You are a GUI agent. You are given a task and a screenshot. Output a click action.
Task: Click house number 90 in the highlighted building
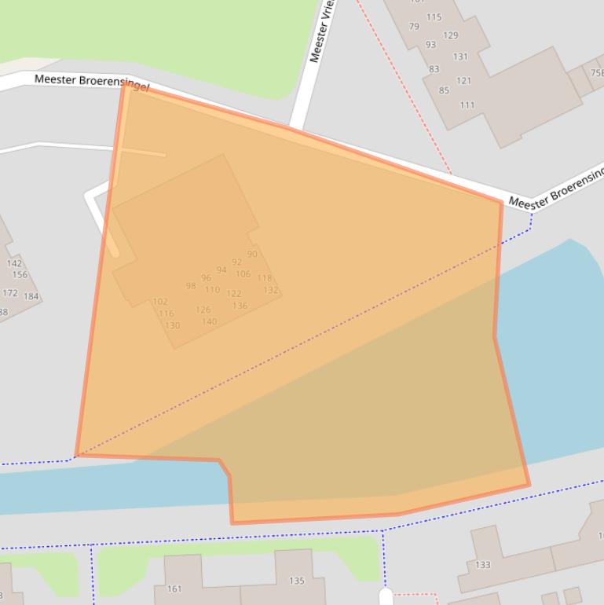[252, 254]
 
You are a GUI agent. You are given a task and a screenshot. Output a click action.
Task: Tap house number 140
[209, 321]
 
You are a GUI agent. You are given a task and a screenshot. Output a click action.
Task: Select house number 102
[160, 301]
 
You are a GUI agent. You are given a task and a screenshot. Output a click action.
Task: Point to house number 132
[270, 290]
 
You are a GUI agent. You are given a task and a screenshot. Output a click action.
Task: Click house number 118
[264, 278]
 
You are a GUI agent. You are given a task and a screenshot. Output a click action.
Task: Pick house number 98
[191, 286]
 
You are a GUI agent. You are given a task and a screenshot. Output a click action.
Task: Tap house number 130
[172, 325]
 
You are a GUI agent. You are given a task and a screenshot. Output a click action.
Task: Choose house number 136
[240, 306]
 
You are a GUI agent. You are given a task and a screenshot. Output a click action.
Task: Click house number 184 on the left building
[31, 296]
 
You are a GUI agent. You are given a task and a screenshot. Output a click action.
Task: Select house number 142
[14, 263]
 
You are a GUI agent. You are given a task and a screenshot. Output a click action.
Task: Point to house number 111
[467, 104]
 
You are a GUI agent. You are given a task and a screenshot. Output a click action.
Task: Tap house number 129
[450, 35]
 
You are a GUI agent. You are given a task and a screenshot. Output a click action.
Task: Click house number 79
[414, 27]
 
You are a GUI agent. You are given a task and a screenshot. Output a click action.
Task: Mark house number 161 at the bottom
[174, 588]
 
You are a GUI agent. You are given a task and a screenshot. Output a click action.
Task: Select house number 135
[296, 581]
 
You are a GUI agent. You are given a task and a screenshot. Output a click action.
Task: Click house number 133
[482, 564]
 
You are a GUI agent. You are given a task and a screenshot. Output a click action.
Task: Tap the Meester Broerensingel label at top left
[91, 82]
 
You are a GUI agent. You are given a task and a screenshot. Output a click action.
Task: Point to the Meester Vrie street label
[323, 31]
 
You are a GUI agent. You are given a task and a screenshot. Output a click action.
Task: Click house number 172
[10, 293]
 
